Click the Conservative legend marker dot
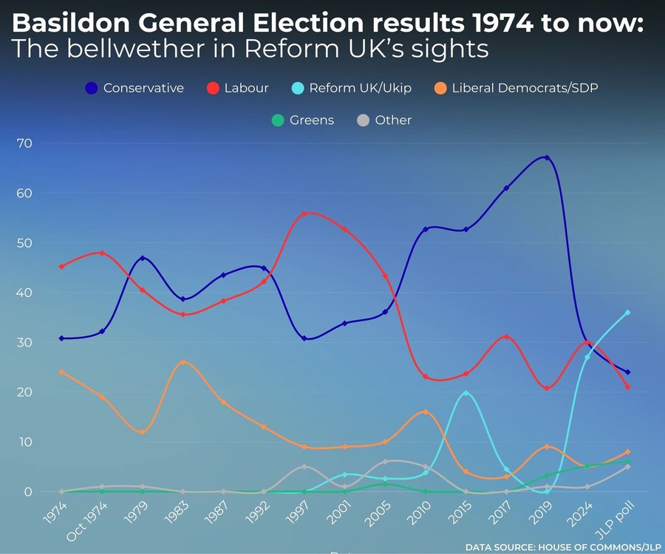91,88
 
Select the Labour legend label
247,88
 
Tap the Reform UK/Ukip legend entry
360,88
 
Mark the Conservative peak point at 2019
546,157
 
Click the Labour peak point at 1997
304,213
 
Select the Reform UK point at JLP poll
627,312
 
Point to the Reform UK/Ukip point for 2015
465,393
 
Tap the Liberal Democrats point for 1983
183,362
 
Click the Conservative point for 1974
61,338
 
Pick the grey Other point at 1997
304,466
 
